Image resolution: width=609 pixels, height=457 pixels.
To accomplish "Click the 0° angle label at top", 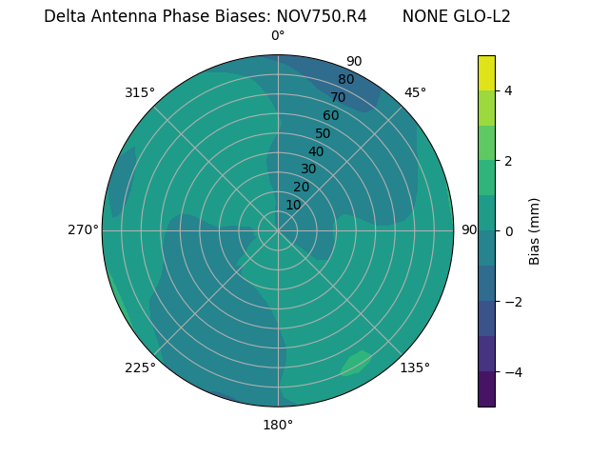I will coord(278,36).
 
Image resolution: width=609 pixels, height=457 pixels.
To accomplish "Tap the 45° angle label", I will coord(416,92).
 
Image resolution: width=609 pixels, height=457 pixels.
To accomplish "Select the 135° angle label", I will coord(415,368).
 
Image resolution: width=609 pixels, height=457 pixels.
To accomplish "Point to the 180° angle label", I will coord(278,425).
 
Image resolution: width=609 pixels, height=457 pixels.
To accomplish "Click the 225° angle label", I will coord(140,368).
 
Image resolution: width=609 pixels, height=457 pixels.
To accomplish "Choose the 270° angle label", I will coord(83,229).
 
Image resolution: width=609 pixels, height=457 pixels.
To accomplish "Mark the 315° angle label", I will coord(140,92).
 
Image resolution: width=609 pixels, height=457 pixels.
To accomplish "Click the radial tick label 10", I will coord(293,205).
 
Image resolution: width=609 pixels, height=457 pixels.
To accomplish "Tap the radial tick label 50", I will coord(323,133).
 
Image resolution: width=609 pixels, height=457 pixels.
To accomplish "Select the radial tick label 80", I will coord(345,79).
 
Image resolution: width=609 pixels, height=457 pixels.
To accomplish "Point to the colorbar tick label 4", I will coord(509,90).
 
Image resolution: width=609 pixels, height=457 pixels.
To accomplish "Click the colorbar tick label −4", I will coord(509,372).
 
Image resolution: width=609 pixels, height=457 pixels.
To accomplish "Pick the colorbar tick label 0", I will coord(509,231).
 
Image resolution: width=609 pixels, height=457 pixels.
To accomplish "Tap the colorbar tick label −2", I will coord(509,302).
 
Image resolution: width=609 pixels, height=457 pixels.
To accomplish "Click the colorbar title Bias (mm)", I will coord(535,231).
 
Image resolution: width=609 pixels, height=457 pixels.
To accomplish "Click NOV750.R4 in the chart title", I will coord(322,16).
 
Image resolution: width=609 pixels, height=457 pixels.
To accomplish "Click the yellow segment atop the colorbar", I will coord(486,72).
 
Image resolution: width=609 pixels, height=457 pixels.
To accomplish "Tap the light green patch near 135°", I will coord(357,362).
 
